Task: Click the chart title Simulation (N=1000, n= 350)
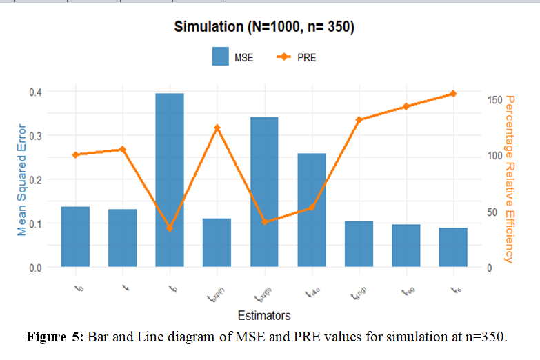coord(264,28)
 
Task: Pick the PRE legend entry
coord(296,57)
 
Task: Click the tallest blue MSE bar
coord(170,180)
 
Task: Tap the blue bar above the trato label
coord(312,210)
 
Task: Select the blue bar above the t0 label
coord(75,237)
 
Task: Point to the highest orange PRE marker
coord(453,94)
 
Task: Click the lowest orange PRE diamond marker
coord(170,228)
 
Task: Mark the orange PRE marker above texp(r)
coord(217,128)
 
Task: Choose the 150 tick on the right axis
coord(491,99)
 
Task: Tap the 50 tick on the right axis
coord(488,211)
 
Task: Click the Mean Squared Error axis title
coord(21,179)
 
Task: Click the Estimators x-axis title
coord(264,315)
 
